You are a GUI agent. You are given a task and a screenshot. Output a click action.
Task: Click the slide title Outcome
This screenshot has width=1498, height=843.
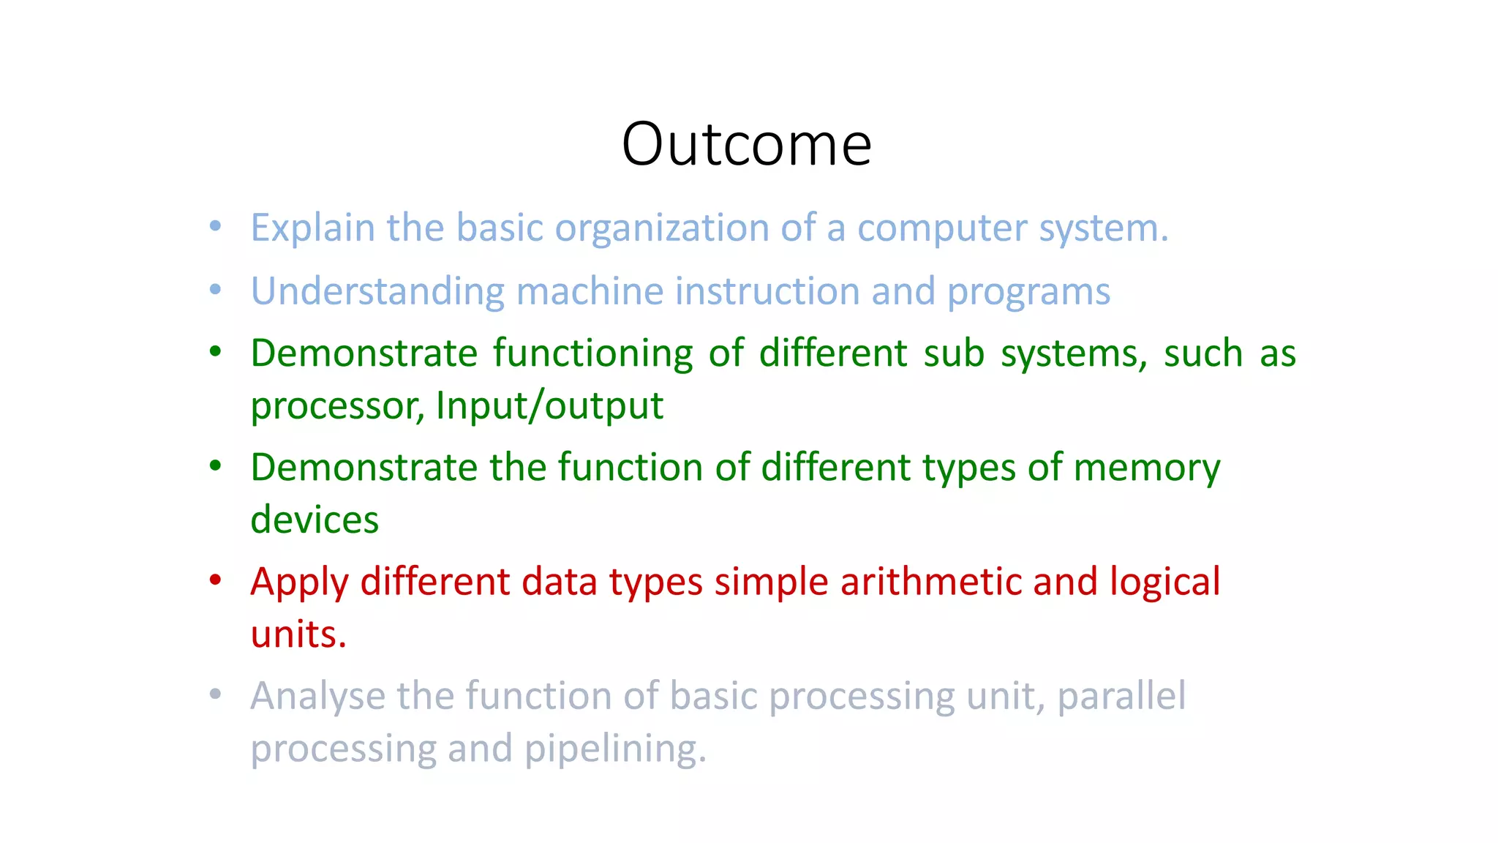click(746, 144)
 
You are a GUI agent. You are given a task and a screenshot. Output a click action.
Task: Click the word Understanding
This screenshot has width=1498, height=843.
click(377, 291)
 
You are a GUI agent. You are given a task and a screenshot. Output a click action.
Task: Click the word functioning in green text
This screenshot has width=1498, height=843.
click(592, 354)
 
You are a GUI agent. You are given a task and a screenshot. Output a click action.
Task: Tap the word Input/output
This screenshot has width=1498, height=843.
click(549, 406)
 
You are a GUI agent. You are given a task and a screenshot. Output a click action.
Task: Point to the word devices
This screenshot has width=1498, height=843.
click(315, 520)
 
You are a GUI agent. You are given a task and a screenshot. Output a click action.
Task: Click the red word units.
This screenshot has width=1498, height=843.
click(298, 634)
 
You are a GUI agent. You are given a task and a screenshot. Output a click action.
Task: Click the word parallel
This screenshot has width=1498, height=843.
click(1121, 697)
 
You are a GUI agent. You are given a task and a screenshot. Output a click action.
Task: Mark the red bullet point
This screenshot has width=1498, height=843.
click(215, 581)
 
